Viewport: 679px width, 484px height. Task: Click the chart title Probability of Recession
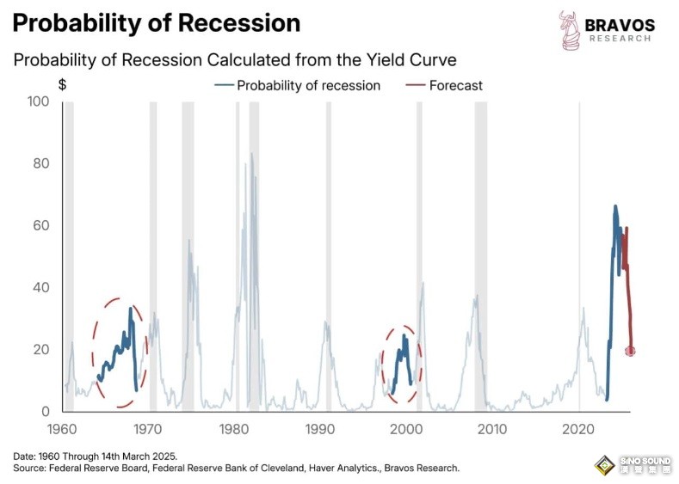click(x=156, y=23)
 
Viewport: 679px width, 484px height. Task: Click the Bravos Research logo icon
click(x=568, y=29)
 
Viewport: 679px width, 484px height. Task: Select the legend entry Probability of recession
click(x=308, y=85)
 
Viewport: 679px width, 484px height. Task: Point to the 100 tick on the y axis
click(x=39, y=101)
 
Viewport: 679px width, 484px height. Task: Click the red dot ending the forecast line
click(x=630, y=351)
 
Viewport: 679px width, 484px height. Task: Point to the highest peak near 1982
click(x=251, y=155)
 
